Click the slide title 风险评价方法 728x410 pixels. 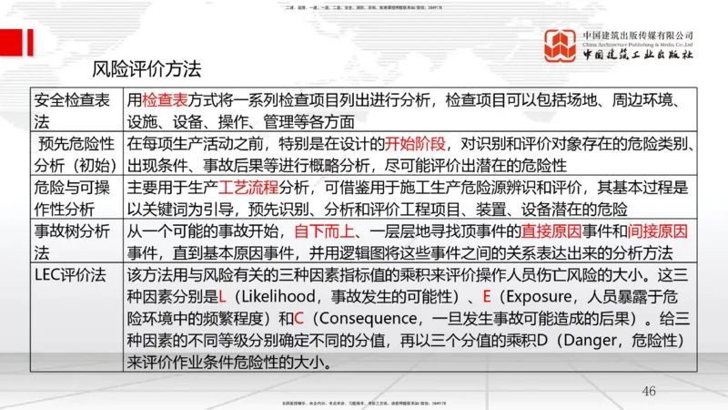147,68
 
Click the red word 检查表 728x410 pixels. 165,100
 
